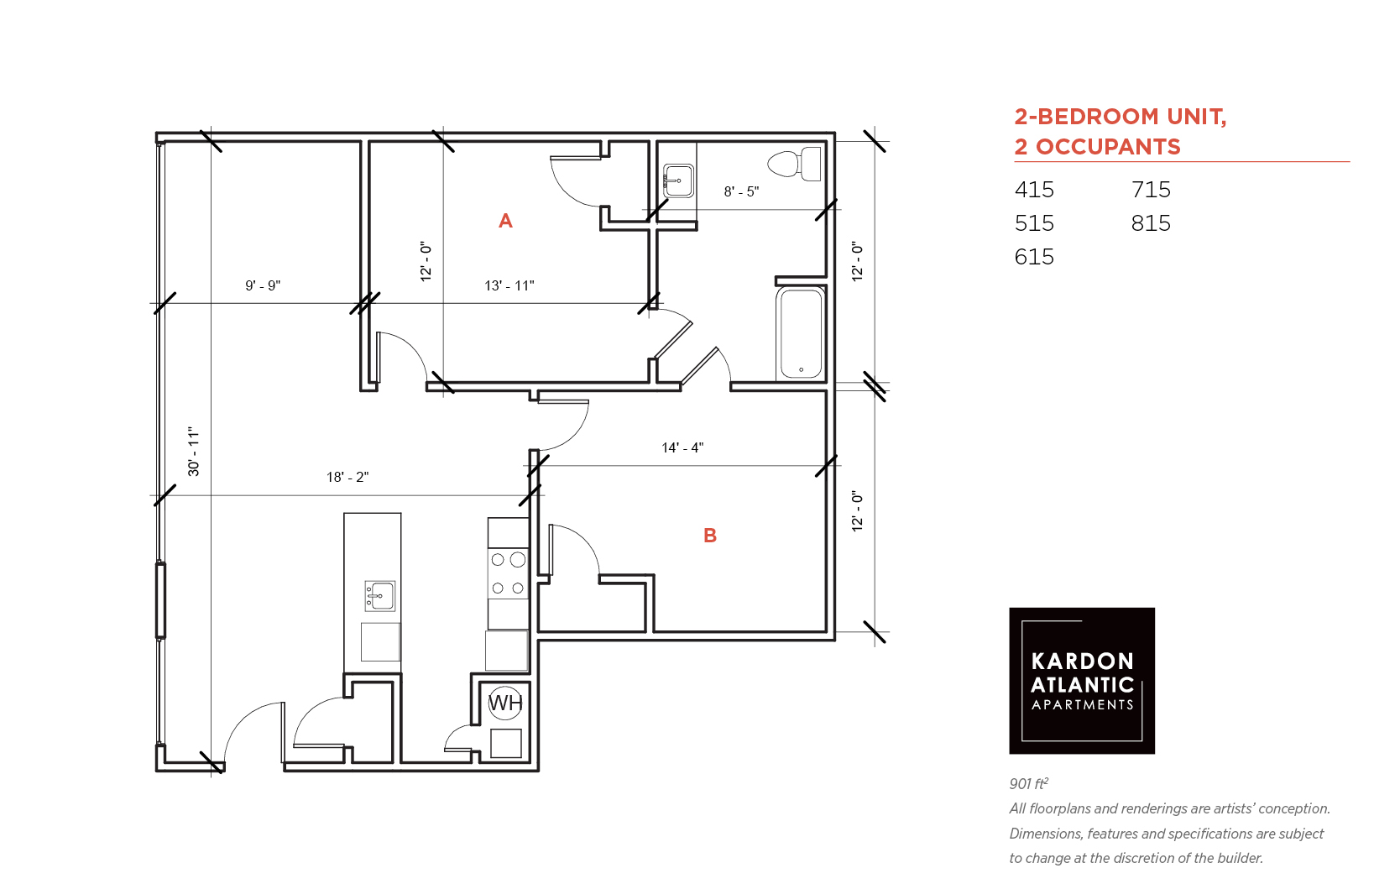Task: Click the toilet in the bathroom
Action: [795, 164]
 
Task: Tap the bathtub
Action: [801, 333]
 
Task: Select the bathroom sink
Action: [678, 180]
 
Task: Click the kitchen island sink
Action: [379, 596]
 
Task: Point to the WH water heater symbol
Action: [505, 703]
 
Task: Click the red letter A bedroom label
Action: [505, 221]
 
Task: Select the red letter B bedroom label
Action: [710, 536]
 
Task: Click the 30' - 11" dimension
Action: [194, 452]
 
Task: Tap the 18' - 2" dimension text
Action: [347, 477]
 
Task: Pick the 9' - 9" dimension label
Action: [263, 285]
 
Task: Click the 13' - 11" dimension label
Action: [509, 285]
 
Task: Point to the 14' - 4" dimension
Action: [682, 447]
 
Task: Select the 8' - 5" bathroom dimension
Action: [741, 191]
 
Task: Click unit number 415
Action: [1034, 190]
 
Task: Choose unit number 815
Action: [1151, 223]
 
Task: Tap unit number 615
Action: [1034, 256]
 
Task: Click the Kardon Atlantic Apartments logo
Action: [1082, 681]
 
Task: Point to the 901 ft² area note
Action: [1029, 783]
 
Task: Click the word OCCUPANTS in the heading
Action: [1108, 147]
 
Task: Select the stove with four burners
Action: [508, 573]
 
